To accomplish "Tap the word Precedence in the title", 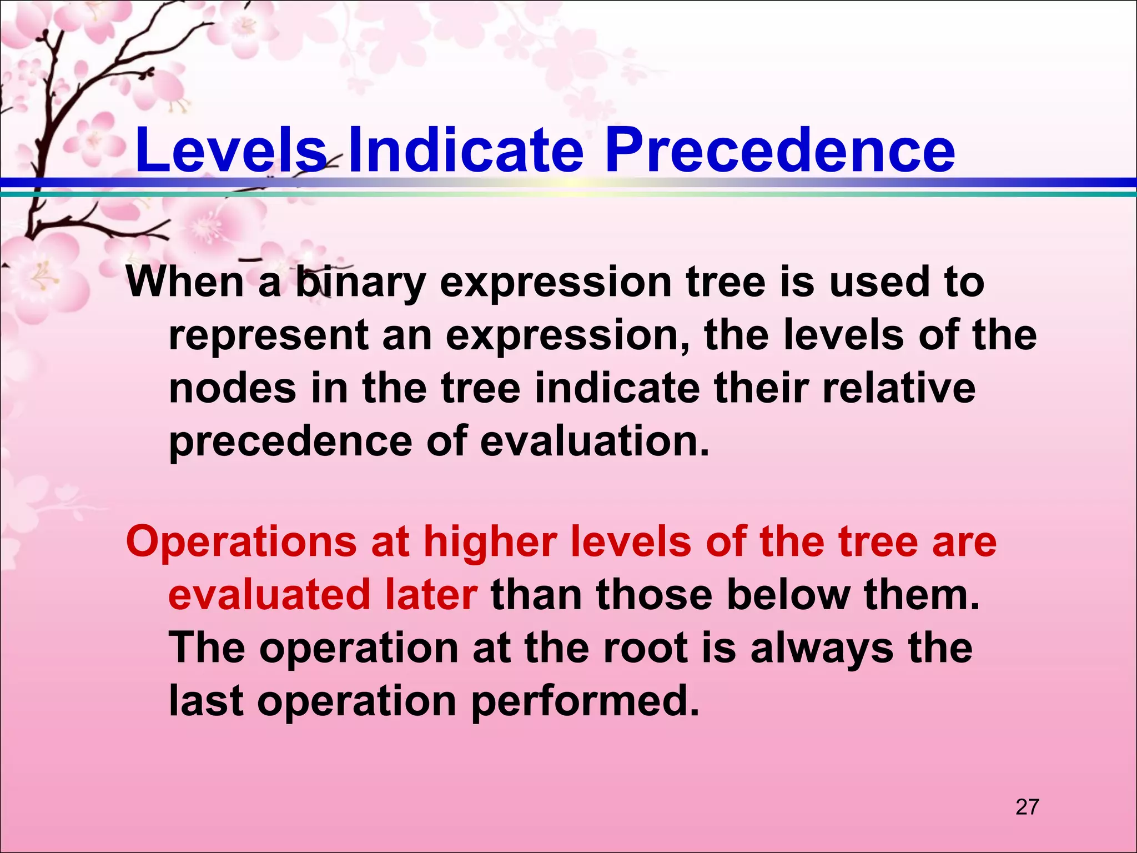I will pyautogui.click(x=779, y=150).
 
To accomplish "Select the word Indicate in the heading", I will pyautogui.click(x=465, y=150).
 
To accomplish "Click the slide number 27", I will pyautogui.click(x=1027, y=806).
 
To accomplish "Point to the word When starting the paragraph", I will pyautogui.click(x=184, y=282).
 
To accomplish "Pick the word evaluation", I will pyautogui.click(x=595, y=441).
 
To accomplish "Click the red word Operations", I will pyautogui.click(x=242, y=542).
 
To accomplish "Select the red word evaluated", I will pyautogui.click(x=269, y=595).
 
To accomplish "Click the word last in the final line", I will pyautogui.click(x=206, y=701).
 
